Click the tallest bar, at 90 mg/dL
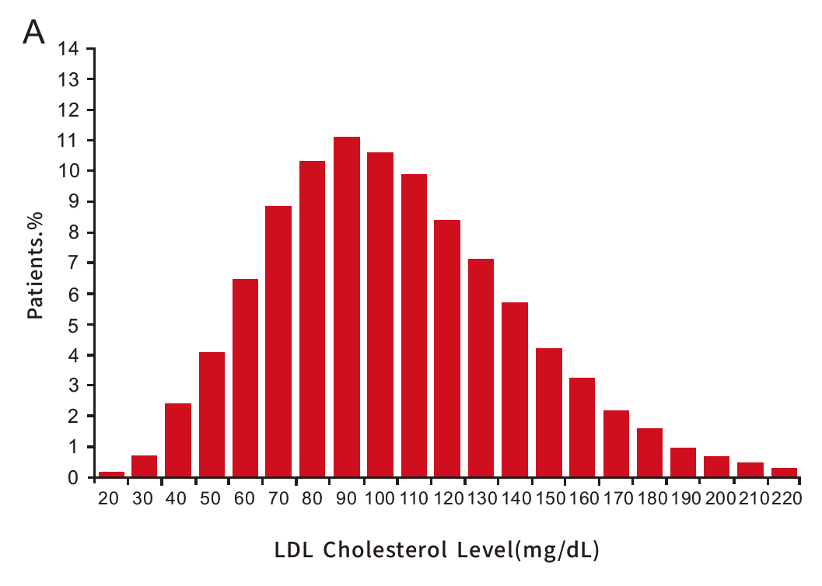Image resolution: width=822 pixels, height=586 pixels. [347, 307]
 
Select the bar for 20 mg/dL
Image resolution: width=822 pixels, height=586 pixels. [111, 474]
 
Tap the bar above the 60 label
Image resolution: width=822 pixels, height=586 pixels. [245, 378]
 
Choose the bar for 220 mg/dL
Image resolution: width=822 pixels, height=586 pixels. [784, 473]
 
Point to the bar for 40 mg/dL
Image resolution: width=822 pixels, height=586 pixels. [178, 440]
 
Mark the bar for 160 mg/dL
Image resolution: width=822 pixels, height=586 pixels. [582, 427]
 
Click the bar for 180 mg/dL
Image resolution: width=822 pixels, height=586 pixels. [649, 452]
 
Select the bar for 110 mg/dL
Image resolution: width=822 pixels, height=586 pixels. [414, 326]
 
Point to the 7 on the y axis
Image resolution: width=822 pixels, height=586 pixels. [74, 263]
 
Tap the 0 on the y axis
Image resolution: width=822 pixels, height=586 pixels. [74, 478]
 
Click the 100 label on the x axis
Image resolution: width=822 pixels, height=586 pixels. [380, 499]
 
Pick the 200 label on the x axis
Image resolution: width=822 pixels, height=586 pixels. [717, 499]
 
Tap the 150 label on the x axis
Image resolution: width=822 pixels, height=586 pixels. [548, 499]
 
